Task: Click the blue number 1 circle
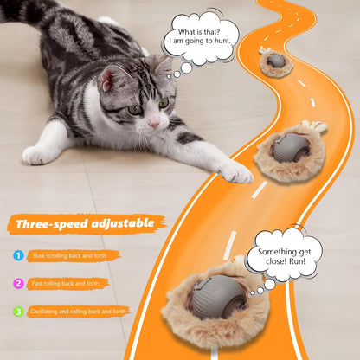[x=19, y=255]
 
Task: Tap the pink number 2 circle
[x=19, y=283]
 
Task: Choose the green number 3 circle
[x=19, y=311]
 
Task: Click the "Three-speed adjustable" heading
[x=85, y=225]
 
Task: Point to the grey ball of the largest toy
[x=212, y=295]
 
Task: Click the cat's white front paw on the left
[x=39, y=155]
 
